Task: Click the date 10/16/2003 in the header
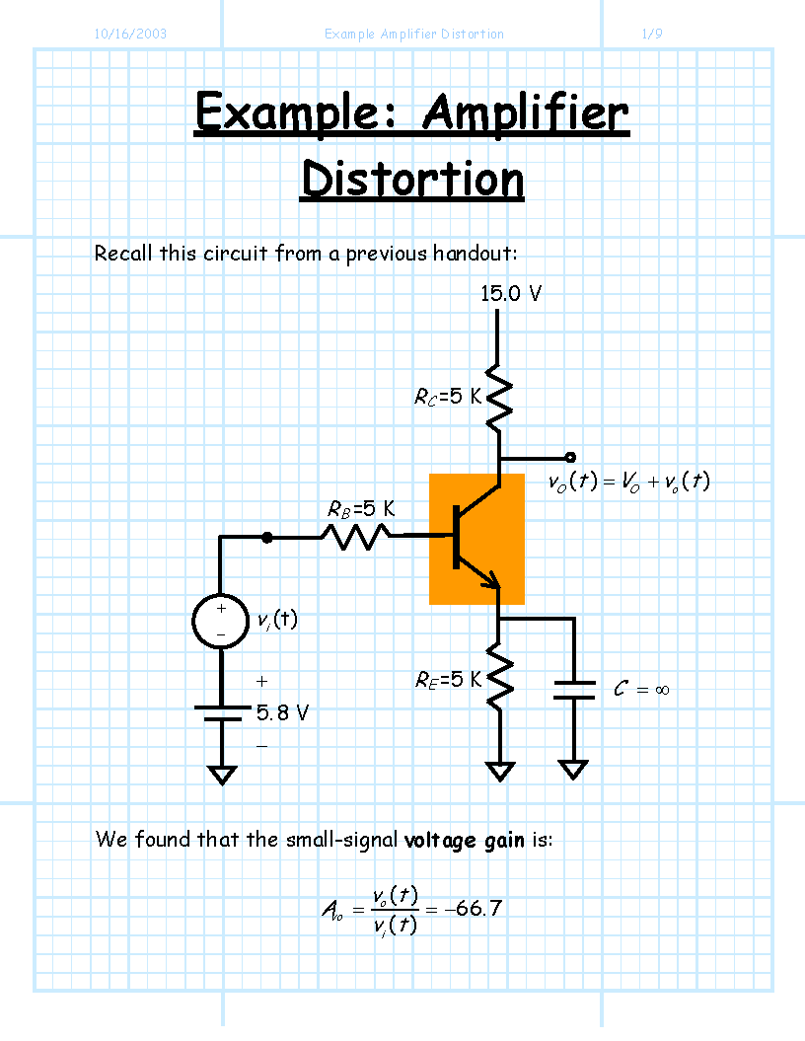tap(130, 34)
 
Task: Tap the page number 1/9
tap(652, 34)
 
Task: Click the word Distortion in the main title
tap(412, 180)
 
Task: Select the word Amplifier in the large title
tap(525, 113)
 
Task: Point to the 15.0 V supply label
tap(511, 293)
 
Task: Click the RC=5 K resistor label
tap(448, 397)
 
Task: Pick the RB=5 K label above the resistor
tap(361, 509)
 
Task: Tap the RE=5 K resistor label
tap(448, 680)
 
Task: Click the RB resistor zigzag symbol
tap(356, 536)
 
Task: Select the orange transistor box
tap(476, 539)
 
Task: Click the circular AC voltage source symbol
tap(220, 621)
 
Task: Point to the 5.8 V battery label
tap(283, 713)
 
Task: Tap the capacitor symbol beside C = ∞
tap(574, 690)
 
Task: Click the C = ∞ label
tap(641, 689)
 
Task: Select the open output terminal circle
tap(570, 457)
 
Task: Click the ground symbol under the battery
tap(222, 775)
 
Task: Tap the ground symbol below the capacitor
tap(573, 770)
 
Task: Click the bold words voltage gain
tap(464, 841)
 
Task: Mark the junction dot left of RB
tap(266, 537)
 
